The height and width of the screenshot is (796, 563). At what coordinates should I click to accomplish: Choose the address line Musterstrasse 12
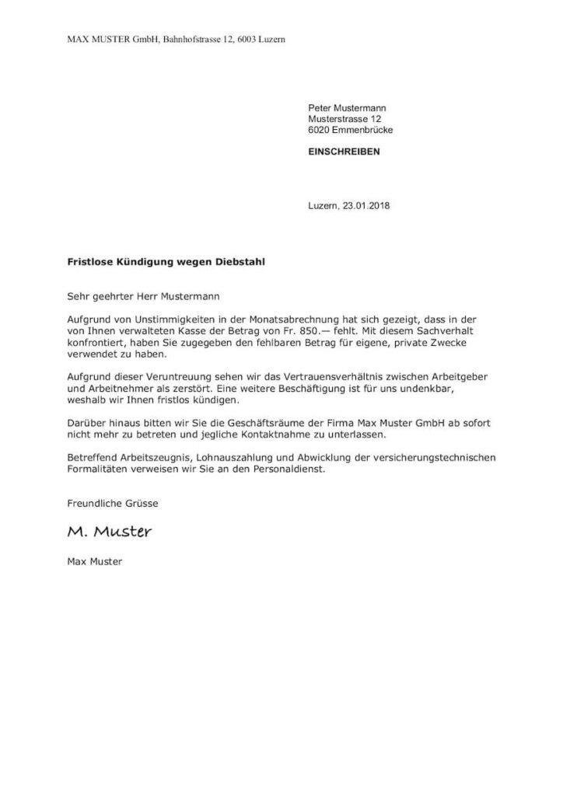coord(344,120)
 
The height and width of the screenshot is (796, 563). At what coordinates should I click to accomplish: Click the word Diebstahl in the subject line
coord(239,263)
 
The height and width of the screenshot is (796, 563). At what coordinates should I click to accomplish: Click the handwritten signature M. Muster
coord(109,532)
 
